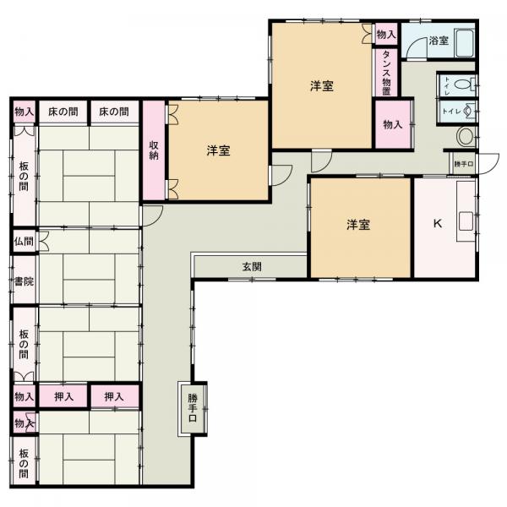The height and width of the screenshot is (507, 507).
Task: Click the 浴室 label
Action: point(439,41)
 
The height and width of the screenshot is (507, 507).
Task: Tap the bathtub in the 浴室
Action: point(465,43)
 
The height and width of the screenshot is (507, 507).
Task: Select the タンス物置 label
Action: point(386,73)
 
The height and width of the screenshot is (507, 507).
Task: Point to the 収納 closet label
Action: point(154,150)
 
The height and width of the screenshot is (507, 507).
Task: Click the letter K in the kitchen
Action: point(437,223)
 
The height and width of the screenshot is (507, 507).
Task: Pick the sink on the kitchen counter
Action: point(466,221)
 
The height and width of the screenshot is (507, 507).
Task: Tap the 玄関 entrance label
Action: point(252,266)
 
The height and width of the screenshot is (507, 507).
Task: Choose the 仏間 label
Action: point(24,241)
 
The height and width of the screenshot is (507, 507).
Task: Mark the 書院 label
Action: point(24,281)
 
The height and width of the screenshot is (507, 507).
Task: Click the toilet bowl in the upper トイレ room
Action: point(463,84)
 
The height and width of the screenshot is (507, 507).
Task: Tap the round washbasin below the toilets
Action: point(466,136)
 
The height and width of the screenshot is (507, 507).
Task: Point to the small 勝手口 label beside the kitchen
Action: point(464,164)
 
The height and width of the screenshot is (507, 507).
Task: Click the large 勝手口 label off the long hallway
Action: point(193,408)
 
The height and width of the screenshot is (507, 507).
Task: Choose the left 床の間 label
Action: point(63,112)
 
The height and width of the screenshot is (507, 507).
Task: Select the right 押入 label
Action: point(114,396)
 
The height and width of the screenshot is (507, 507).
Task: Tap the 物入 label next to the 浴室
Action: point(386,34)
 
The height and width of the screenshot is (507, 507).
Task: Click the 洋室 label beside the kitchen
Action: point(358,225)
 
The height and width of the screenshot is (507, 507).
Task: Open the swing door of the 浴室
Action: point(417,48)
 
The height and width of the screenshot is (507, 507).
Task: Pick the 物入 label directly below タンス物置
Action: point(393,124)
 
